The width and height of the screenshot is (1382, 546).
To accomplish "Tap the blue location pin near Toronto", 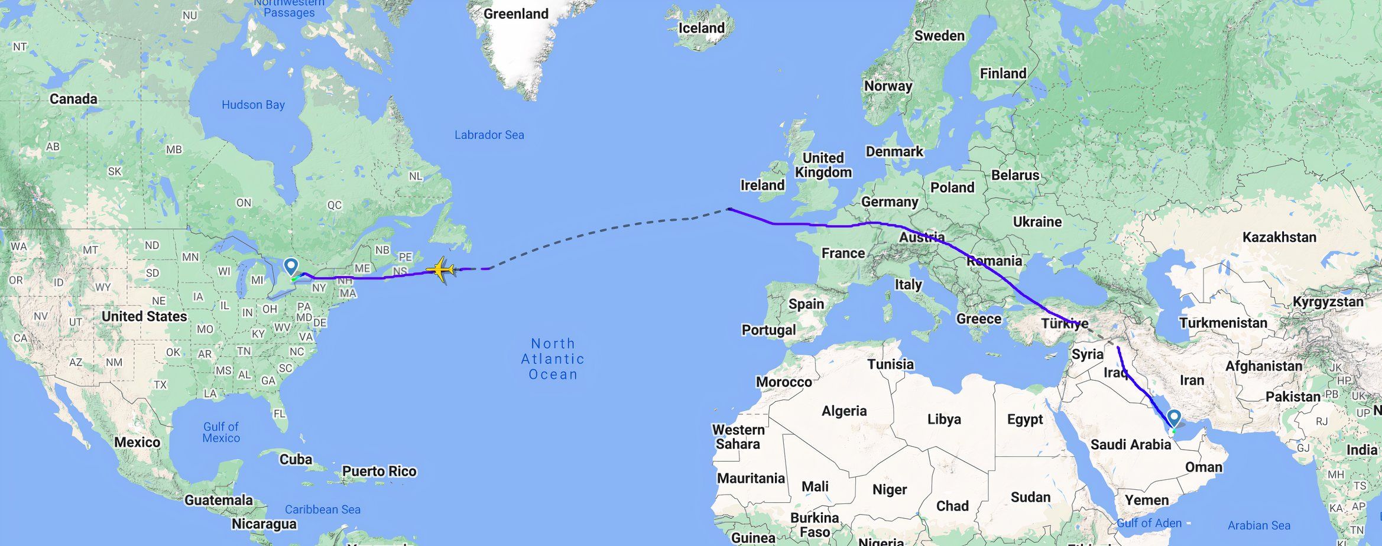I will click(x=291, y=266).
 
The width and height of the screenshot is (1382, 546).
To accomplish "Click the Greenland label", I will click(x=515, y=14).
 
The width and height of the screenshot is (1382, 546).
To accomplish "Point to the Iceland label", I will click(x=701, y=28).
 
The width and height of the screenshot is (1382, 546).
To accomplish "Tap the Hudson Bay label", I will click(x=253, y=105).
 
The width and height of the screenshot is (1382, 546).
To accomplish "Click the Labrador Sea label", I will click(x=489, y=135).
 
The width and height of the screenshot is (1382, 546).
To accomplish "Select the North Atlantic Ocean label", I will click(x=553, y=359).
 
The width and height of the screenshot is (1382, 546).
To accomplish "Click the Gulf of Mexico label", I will click(x=221, y=432).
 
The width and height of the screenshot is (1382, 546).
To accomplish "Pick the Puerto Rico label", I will click(x=379, y=472).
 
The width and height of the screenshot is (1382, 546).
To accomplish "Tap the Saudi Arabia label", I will click(x=1130, y=445).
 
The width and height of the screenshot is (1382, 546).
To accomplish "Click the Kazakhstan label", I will click(x=1279, y=238).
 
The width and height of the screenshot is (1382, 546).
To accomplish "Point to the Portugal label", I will click(x=768, y=330).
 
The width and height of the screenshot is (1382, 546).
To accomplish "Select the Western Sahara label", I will click(x=738, y=437).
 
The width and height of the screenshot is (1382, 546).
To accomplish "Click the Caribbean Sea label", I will click(x=322, y=509).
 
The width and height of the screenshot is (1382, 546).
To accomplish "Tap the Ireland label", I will click(x=763, y=186).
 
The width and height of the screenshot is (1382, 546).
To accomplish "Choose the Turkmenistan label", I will click(x=1223, y=323).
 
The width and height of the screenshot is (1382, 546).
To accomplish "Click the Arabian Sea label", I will click(x=1258, y=525).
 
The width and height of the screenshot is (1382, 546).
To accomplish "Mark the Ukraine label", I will click(x=1037, y=222).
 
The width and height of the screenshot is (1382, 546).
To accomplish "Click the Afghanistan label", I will click(x=1263, y=366).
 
